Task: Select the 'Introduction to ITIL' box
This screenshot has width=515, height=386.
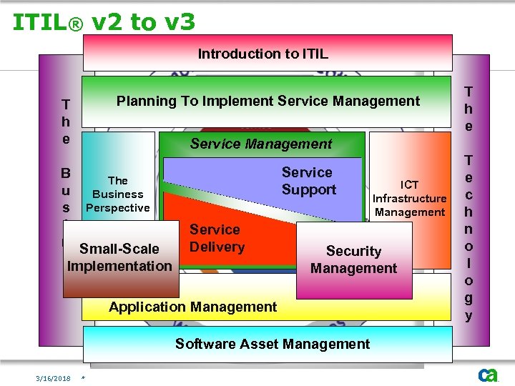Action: (268, 54)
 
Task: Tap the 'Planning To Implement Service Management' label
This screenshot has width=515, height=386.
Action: (268, 102)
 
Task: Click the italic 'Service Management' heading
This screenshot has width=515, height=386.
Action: (261, 144)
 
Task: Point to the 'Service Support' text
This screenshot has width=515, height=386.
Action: (308, 181)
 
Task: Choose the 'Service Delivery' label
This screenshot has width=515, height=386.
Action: (217, 238)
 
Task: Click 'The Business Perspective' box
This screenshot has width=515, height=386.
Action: (117, 194)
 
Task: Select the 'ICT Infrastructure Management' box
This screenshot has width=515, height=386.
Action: (409, 198)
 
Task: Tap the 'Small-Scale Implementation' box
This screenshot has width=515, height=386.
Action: (119, 257)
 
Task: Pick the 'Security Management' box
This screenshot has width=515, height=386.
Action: (353, 259)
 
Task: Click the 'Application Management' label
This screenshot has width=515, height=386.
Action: (192, 307)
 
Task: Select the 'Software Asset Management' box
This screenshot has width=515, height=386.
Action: (273, 344)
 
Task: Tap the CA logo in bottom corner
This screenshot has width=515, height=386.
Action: (488, 374)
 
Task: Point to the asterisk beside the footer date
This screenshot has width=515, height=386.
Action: (84, 378)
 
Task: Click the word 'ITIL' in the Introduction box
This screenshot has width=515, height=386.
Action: (315, 54)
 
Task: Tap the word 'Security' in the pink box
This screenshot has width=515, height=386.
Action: (353, 251)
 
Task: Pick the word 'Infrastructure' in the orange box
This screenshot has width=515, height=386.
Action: (409, 198)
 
